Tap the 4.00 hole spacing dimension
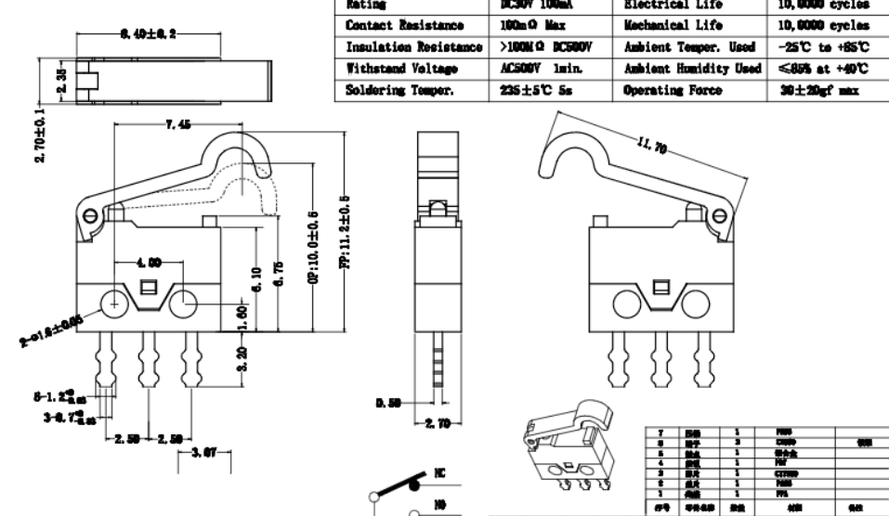[148, 263]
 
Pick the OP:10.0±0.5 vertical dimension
[313, 250]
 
